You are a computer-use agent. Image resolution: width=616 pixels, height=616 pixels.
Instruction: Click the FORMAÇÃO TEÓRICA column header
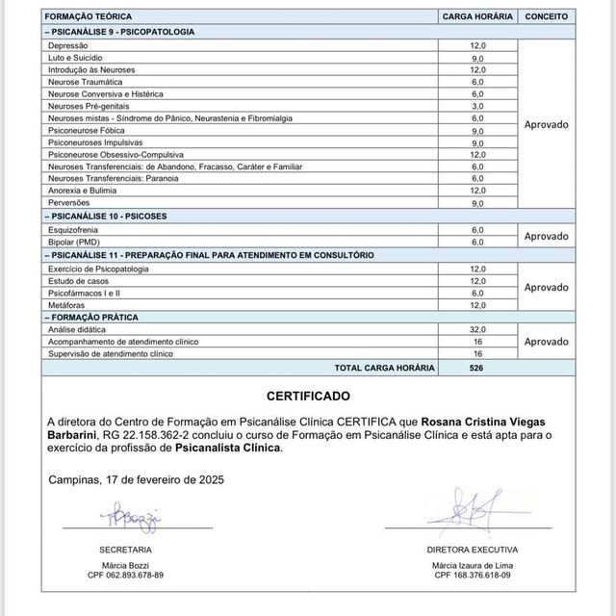tap(90, 17)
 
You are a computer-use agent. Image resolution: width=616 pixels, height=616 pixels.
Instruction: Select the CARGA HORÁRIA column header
tap(477, 17)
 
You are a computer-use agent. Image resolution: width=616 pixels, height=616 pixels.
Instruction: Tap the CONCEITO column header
tap(546, 17)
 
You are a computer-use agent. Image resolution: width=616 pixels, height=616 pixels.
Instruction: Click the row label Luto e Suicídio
tap(75, 58)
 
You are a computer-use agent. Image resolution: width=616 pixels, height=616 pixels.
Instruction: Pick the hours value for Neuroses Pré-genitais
tap(477, 106)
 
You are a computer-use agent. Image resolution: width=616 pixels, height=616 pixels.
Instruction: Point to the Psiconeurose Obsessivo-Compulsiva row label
tap(115, 155)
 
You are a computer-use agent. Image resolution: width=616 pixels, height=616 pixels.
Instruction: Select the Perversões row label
tap(69, 203)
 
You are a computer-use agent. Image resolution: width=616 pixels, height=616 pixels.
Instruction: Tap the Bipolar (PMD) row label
tap(74, 242)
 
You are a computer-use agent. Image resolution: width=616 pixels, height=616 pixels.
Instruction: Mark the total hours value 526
tap(477, 368)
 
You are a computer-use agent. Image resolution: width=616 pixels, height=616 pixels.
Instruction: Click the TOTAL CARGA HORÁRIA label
tap(384, 368)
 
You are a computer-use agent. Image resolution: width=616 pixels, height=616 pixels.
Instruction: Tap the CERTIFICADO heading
tap(307, 396)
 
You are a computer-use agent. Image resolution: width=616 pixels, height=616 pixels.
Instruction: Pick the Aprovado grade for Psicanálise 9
tap(546, 124)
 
